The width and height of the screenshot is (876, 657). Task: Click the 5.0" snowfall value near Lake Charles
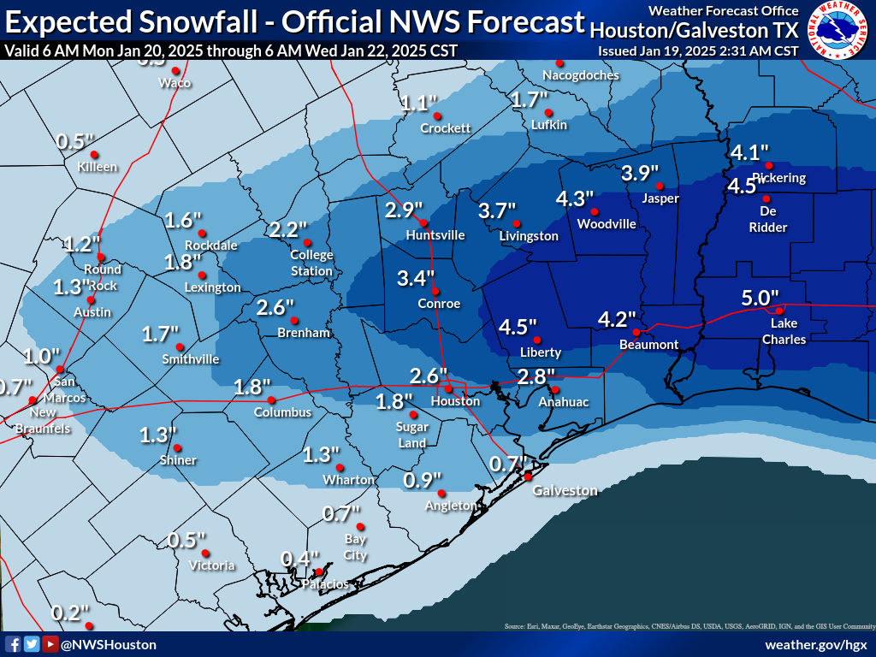click(761, 298)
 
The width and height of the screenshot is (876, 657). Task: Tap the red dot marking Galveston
click(528, 476)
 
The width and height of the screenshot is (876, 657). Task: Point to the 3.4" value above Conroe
click(417, 278)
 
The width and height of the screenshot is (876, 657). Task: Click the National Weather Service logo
click(839, 30)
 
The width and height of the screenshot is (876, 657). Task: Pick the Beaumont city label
click(649, 345)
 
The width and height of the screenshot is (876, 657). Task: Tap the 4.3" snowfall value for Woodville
click(575, 198)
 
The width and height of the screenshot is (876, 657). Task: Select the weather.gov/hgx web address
click(816, 644)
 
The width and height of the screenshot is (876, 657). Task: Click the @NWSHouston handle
click(109, 644)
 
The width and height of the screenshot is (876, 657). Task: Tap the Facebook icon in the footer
click(13, 644)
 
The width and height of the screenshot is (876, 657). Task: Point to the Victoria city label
click(212, 565)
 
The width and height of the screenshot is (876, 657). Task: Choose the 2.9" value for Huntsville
click(405, 210)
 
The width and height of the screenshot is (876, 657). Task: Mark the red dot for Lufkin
click(548, 112)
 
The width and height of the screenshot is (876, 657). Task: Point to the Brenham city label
click(304, 333)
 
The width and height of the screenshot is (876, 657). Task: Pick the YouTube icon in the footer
click(50, 644)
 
